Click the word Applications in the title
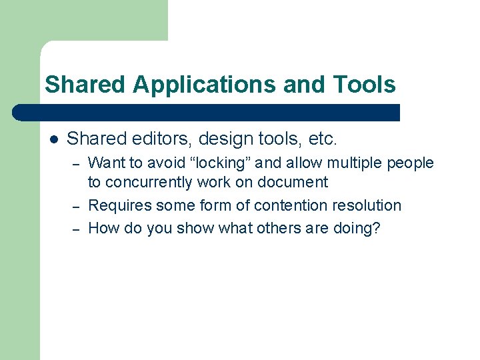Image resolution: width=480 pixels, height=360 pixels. pyautogui.click(x=205, y=85)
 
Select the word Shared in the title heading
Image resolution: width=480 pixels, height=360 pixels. pyautogui.click(x=85, y=85)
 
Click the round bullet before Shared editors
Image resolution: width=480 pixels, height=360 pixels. pyautogui.click(x=54, y=139)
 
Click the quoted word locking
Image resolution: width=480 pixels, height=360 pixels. pyautogui.click(x=223, y=163)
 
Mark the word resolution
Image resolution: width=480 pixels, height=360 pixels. pyautogui.click(x=365, y=205)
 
